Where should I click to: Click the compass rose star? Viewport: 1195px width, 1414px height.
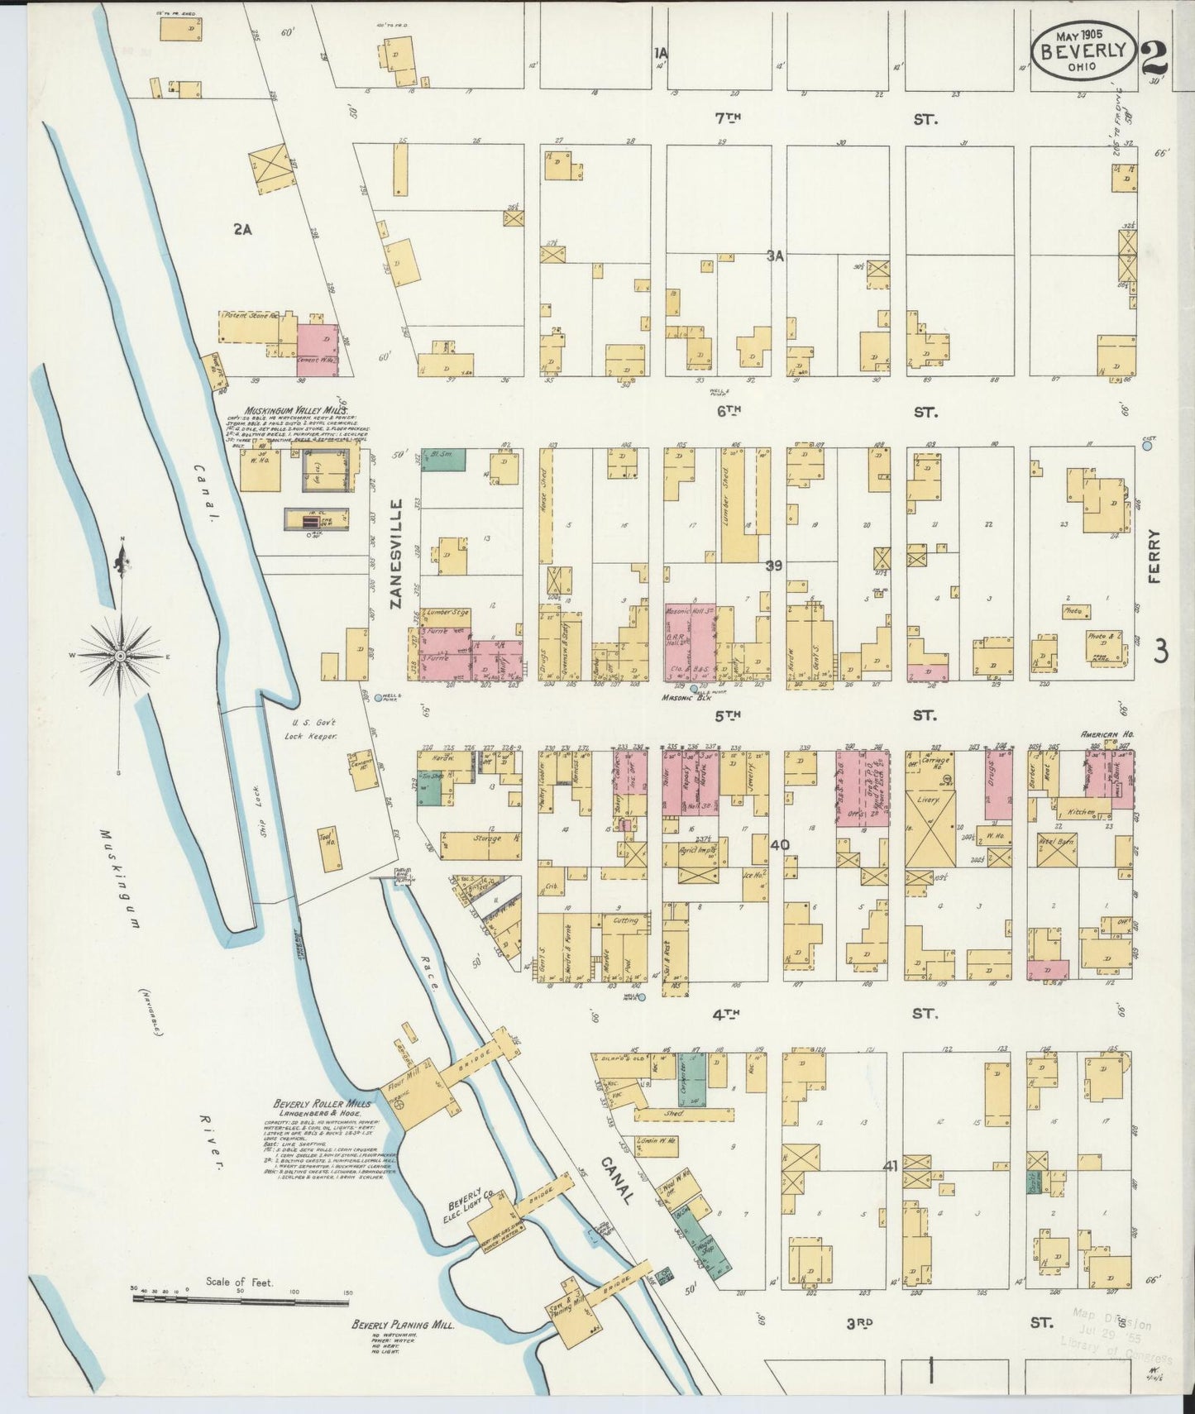[x=122, y=656]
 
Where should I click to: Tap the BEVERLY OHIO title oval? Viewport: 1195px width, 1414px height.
[x=1083, y=50]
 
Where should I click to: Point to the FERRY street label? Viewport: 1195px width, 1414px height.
[x=1155, y=557]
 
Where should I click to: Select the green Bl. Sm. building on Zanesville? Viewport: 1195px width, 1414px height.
[x=443, y=460]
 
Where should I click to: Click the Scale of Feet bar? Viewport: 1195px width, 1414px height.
[x=240, y=1298]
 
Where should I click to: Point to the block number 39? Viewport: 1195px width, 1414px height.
[x=773, y=566]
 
